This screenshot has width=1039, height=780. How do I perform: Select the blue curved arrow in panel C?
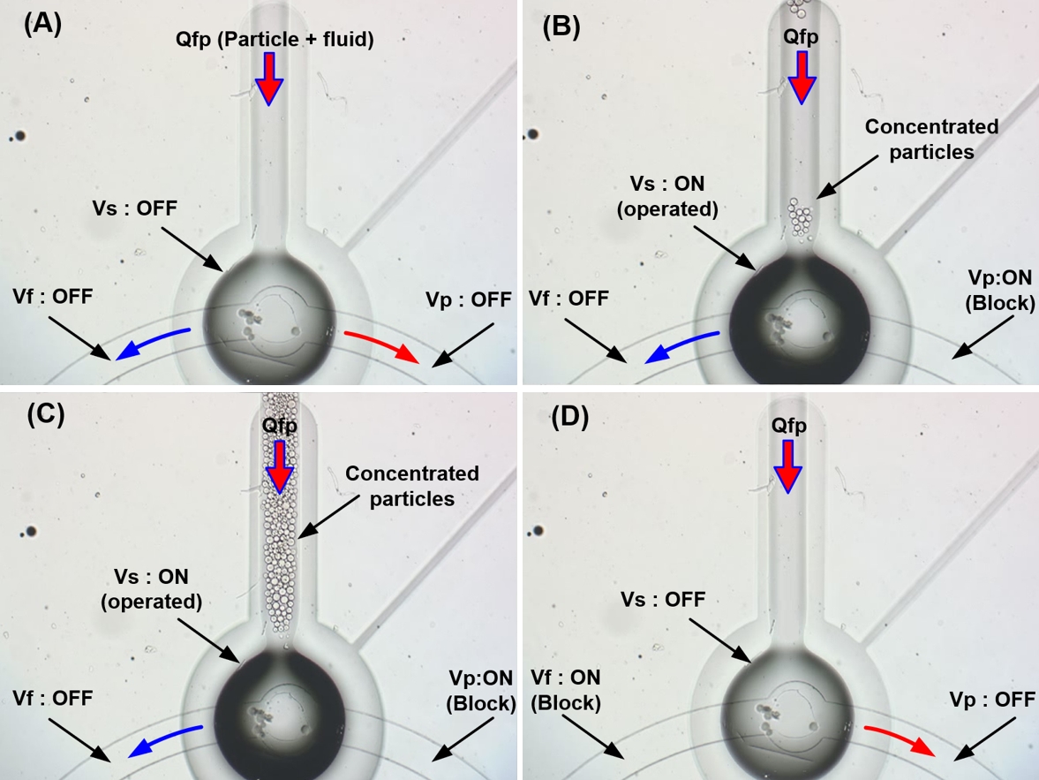(x=165, y=739)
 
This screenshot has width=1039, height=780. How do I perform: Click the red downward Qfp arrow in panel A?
(x=269, y=78)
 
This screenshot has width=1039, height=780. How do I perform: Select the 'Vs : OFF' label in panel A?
(x=133, y=209)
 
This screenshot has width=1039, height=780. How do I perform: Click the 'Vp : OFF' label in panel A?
(x=466, y=299)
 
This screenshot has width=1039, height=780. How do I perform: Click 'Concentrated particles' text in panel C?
(x=412, y=486)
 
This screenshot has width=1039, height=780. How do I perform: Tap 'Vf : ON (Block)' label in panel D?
(x=566, y=690)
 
